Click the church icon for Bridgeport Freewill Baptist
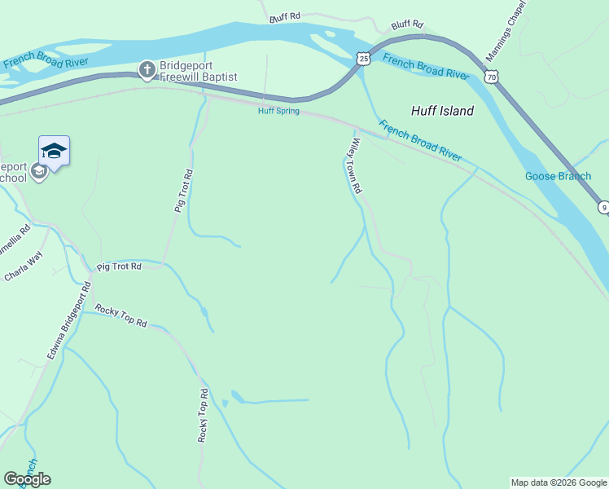tap(147, 70)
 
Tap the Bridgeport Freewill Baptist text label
tap(198, 70)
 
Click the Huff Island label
tap(442, 111)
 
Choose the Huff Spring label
tap(278, 111)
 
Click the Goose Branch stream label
tap(558, 176)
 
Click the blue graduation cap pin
tap(54, 152)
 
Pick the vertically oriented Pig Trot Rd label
tap(182, 192)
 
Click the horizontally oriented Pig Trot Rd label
tap(119, 267)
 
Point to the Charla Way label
tap(23, 267)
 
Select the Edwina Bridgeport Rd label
tap(67, 320)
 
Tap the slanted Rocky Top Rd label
tap(120, 315)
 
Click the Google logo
tap(27, 478)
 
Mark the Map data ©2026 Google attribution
tap(559, 482)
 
